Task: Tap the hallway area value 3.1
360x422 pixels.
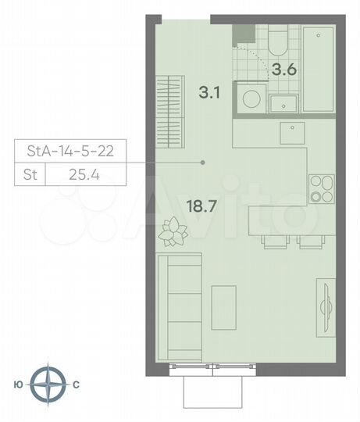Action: point(209,93)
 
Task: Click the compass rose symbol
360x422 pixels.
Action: point(53,384)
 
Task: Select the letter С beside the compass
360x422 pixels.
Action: point(76,384)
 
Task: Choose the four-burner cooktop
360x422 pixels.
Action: point(320,187)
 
